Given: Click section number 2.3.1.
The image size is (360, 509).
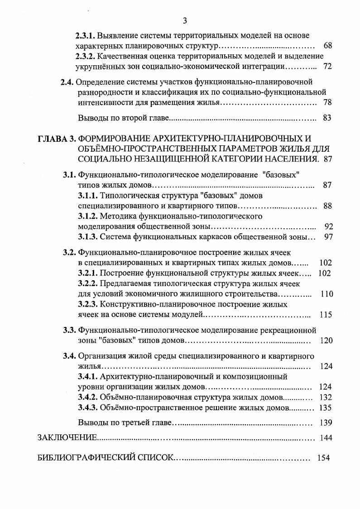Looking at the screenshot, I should tap(85, 35).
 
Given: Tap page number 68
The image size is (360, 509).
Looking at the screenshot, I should tap(328, 46).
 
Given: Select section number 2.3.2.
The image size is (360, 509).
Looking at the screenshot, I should tap(85, 56).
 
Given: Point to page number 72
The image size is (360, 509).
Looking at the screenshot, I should tap(328, 67).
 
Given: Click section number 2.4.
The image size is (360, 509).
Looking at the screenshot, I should tap(67, 82).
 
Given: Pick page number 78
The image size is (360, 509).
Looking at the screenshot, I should tap(328, 103).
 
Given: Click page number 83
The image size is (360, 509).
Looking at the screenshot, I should tap(328, 118).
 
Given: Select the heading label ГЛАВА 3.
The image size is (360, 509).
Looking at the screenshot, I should tap(57, 138).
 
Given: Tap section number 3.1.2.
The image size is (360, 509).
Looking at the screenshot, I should tap(87, 216).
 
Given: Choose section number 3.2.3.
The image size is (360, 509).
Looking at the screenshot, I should tap(87, 304).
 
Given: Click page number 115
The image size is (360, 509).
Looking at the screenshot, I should tap(326, 315).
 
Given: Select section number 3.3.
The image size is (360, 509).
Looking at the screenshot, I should tap(70, 330).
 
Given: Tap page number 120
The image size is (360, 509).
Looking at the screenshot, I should tap(326, 341).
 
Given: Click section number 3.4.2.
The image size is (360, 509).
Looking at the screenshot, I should tap(87, 397).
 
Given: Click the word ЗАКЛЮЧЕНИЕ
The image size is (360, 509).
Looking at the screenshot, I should tap(67, 437).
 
